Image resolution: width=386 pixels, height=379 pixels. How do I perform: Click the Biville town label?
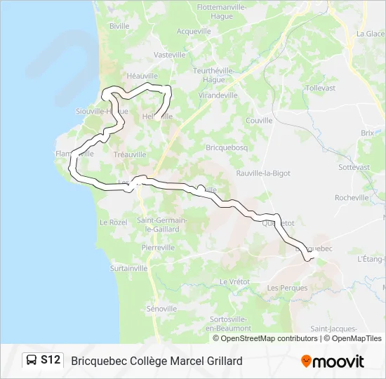coord(120,26)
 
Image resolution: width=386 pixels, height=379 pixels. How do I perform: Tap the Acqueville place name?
coord(194,32)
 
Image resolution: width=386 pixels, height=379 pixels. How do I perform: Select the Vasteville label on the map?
coord(169,55)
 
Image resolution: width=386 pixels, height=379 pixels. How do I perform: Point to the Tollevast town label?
coord(321,88)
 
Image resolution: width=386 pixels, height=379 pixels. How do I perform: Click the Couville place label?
coord(260,121)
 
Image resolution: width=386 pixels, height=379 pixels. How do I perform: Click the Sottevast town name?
coord(354,168)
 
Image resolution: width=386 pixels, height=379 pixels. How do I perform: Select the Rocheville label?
coord(352,198)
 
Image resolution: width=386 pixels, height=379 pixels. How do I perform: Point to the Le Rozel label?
coord(112,222)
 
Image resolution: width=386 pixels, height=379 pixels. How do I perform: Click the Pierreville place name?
coord(157,248)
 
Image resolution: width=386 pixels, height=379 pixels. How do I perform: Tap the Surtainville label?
coord(129,268)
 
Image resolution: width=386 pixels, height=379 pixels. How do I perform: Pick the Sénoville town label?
coord(162,309)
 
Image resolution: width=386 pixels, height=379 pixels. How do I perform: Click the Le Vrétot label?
coord(234,281)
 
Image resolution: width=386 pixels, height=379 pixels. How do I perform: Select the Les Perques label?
coord(283,288)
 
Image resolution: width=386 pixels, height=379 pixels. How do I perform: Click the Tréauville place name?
coord(130,154)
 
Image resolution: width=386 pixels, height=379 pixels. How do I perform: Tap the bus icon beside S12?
coord(32,360)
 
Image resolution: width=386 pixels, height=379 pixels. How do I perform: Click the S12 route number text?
coord(51,360)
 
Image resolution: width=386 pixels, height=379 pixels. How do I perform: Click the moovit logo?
coord(333,361)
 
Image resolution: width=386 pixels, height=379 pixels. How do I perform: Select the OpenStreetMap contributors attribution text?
coord(259,338)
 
